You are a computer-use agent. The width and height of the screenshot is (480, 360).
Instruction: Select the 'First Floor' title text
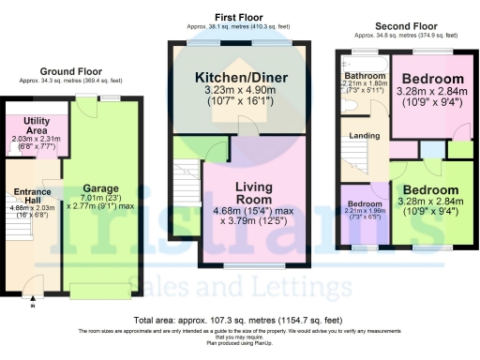pyautogui.click(x=237, y=18)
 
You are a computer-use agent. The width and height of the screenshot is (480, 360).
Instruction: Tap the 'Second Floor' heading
pyautogui.click(x=405, y=27)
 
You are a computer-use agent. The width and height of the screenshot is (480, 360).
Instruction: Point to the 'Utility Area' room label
pyautogui.click(x=37, y=127)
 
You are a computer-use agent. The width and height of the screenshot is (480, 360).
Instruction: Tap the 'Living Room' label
pyautogui.click(x=253, y=193)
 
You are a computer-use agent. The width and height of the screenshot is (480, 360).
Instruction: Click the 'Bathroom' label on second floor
pyautogui.click(x=365, y=75)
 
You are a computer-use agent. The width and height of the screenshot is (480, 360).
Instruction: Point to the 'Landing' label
pyautogui.click(x=365, y=137)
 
